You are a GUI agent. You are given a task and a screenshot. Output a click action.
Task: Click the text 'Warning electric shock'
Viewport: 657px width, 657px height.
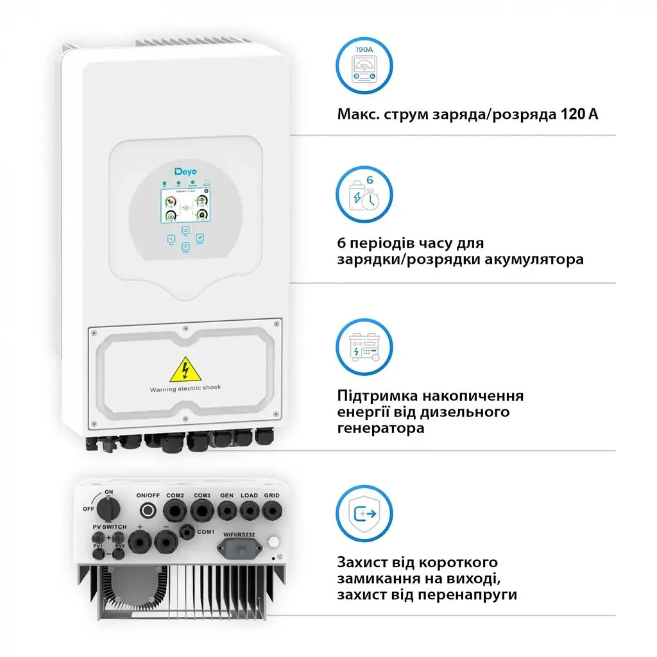(x=185, y=389)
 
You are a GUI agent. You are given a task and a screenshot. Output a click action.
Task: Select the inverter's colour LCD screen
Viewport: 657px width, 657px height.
(x=185, y=205)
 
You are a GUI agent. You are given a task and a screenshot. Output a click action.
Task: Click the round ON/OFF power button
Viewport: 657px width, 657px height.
(x=148, y=511)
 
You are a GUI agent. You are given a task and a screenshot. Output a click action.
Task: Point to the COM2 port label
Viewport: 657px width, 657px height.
(x=175, y=495)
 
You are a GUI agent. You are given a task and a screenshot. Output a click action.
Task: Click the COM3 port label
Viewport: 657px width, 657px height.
(x=202, y=495)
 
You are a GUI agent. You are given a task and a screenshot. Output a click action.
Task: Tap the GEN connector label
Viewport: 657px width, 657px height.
(x=226, y=495)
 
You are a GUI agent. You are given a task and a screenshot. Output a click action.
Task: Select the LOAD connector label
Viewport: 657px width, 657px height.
(x=249, y=495)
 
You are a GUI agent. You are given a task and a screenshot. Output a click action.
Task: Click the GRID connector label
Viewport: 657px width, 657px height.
(x=271, y=495)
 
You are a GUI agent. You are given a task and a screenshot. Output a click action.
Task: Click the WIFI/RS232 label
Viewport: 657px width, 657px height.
(x=240, y=534)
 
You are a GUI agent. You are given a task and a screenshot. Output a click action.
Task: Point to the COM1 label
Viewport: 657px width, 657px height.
(x=205, y=532)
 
